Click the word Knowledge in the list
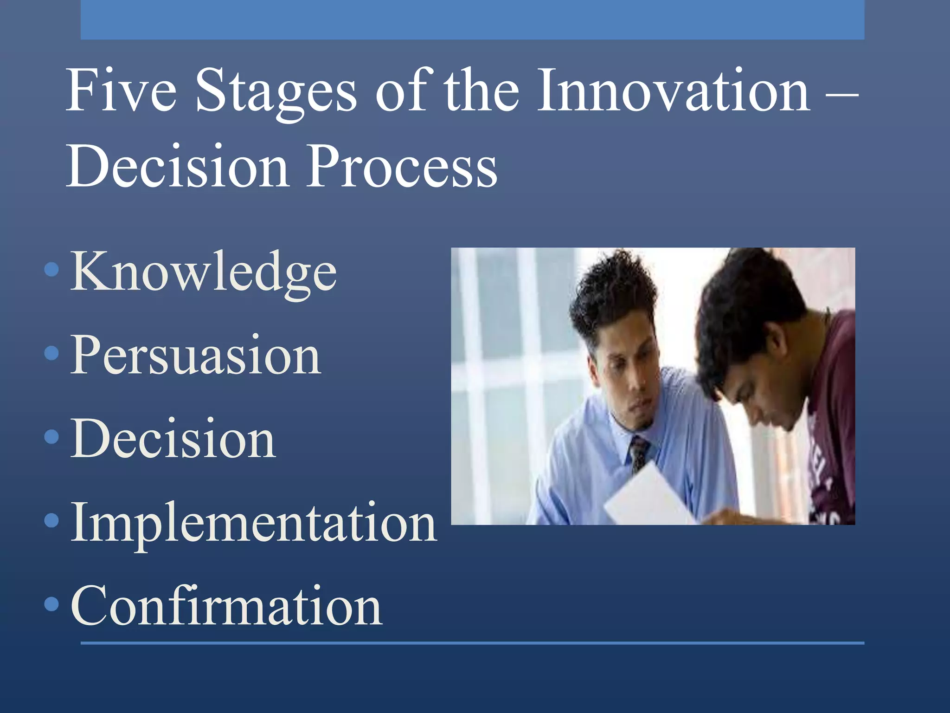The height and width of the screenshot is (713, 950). (x=203, y=272)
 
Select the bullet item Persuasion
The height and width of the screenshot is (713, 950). (x=195, y=355)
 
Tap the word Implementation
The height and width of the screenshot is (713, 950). (x=253, y=523)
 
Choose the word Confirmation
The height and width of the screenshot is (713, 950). (x=226, y=606)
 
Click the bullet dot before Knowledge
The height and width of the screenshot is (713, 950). (x=52, y=270)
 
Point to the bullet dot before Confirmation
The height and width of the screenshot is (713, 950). (x=52, y=604)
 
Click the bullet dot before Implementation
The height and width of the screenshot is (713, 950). (x=52, y=520)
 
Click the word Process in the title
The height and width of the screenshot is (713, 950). (x=402, y=166)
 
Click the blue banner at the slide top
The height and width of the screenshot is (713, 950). (x=472, y=19)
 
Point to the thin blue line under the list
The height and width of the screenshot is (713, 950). (x=472, y=643)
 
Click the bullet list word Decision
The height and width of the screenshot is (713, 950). (x=173, y=439)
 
